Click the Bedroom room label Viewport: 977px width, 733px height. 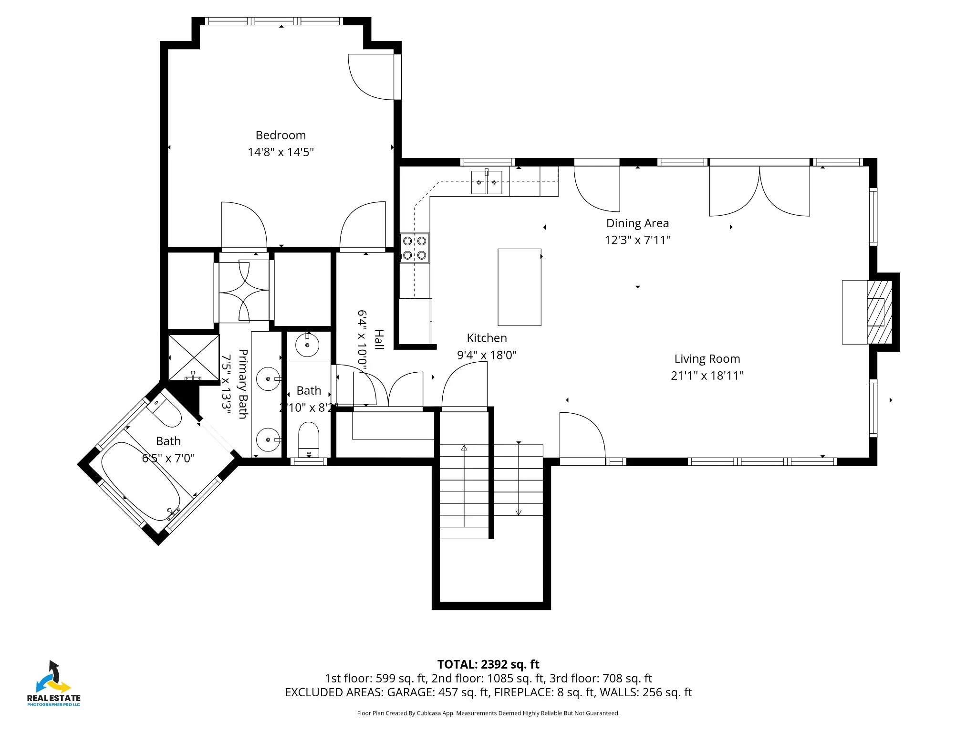(281, 136)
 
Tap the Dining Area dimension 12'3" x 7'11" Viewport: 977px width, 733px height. (637, 240)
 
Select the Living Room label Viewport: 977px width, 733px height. (707, 359)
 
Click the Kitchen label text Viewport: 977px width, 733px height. (487, 338)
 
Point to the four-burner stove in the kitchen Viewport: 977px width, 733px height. (415, 248)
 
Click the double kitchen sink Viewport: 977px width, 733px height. (487, 182)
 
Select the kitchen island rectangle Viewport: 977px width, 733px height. (520, 287)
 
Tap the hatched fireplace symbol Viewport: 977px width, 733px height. (879, 312)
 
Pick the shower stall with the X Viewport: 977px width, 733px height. (194, 357)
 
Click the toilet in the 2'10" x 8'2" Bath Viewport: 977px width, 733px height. (308, 439)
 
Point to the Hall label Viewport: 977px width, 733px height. (379, 339)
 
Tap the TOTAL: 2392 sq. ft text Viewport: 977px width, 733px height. (488, 664)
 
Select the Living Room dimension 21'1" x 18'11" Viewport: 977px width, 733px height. (707, 376)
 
